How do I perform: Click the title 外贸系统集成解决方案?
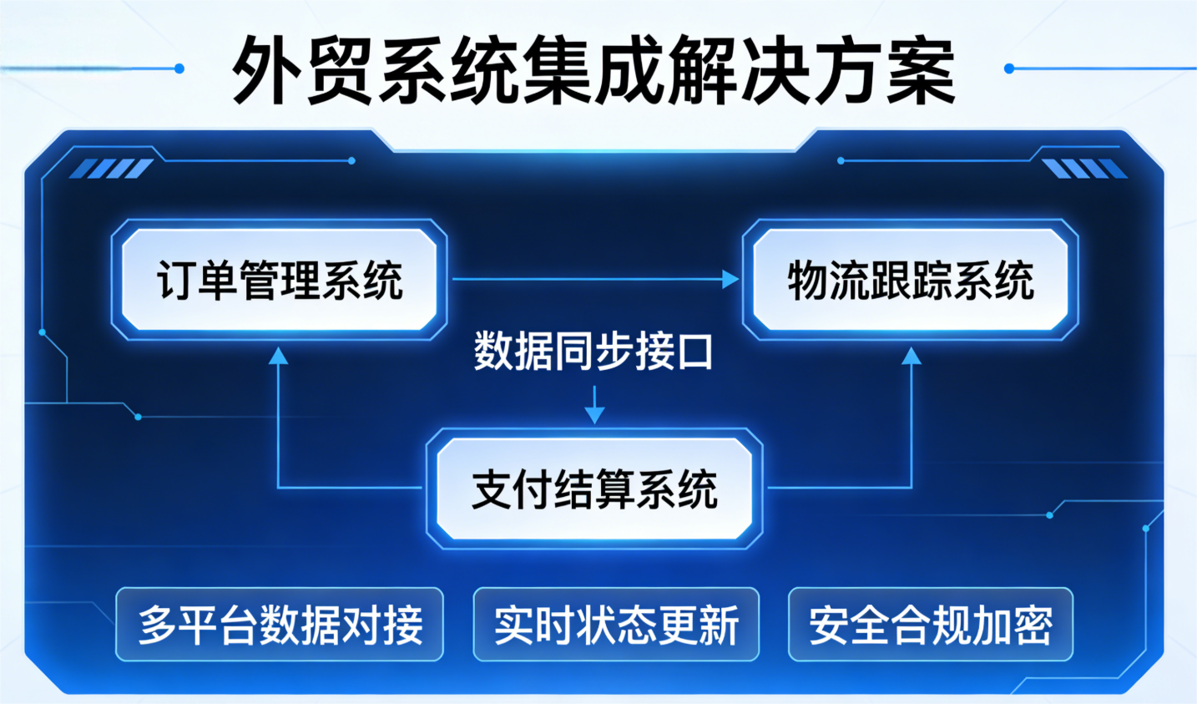[x=593, y=70]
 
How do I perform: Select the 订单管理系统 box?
[x=280, y=280]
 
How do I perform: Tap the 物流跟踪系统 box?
[x=911, y=280]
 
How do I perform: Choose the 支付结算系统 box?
[x=594, y=489]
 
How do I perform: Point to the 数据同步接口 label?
[x=593, y=352]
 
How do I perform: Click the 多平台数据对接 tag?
[x=280, y=625]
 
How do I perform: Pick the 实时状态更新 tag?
[x=616, y=625]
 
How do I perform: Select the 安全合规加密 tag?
[x=930, y=625]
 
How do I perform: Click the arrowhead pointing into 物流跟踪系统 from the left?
[x=730, y=279]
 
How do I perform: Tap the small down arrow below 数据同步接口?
[x=594, y=413]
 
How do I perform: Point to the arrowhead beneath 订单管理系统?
[x=278, y=357]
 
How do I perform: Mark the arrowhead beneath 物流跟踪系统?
[x=912, y=357]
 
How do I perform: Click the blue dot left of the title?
[x=179, y=68]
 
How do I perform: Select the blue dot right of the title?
[x=1009, y=68]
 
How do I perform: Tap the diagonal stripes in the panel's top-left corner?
[x=110, y=169]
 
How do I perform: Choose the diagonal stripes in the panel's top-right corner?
[x=1084, y=169]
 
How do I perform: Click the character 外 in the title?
[x=266, y=70]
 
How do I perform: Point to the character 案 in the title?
[x=921, y=70]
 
